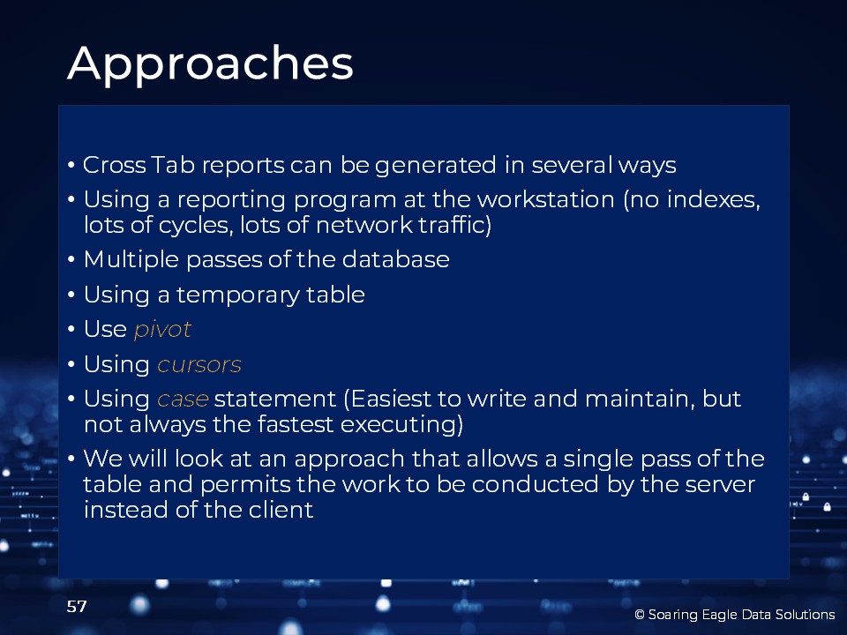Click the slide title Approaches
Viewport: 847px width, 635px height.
click(x=210, y=64)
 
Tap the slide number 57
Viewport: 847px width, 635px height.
click(x=77, y=607)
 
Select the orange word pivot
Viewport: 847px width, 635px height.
click(x=162, y=329)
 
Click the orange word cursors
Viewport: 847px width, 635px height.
click(x=199, y=364)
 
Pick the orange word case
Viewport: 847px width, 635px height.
click(x=183, y=400)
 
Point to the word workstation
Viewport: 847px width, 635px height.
click(x=545, y=199)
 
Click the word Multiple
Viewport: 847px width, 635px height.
click(x=131, y=259)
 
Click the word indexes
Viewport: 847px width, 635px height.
click(x=714, y=199)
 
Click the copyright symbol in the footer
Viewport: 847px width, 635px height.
click(x=640, y=615)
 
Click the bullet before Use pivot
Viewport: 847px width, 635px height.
click(x=71, y=329)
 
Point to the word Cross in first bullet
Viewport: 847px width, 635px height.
click(x=114, y=165)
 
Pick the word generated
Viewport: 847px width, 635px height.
click(x=435, y=166)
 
